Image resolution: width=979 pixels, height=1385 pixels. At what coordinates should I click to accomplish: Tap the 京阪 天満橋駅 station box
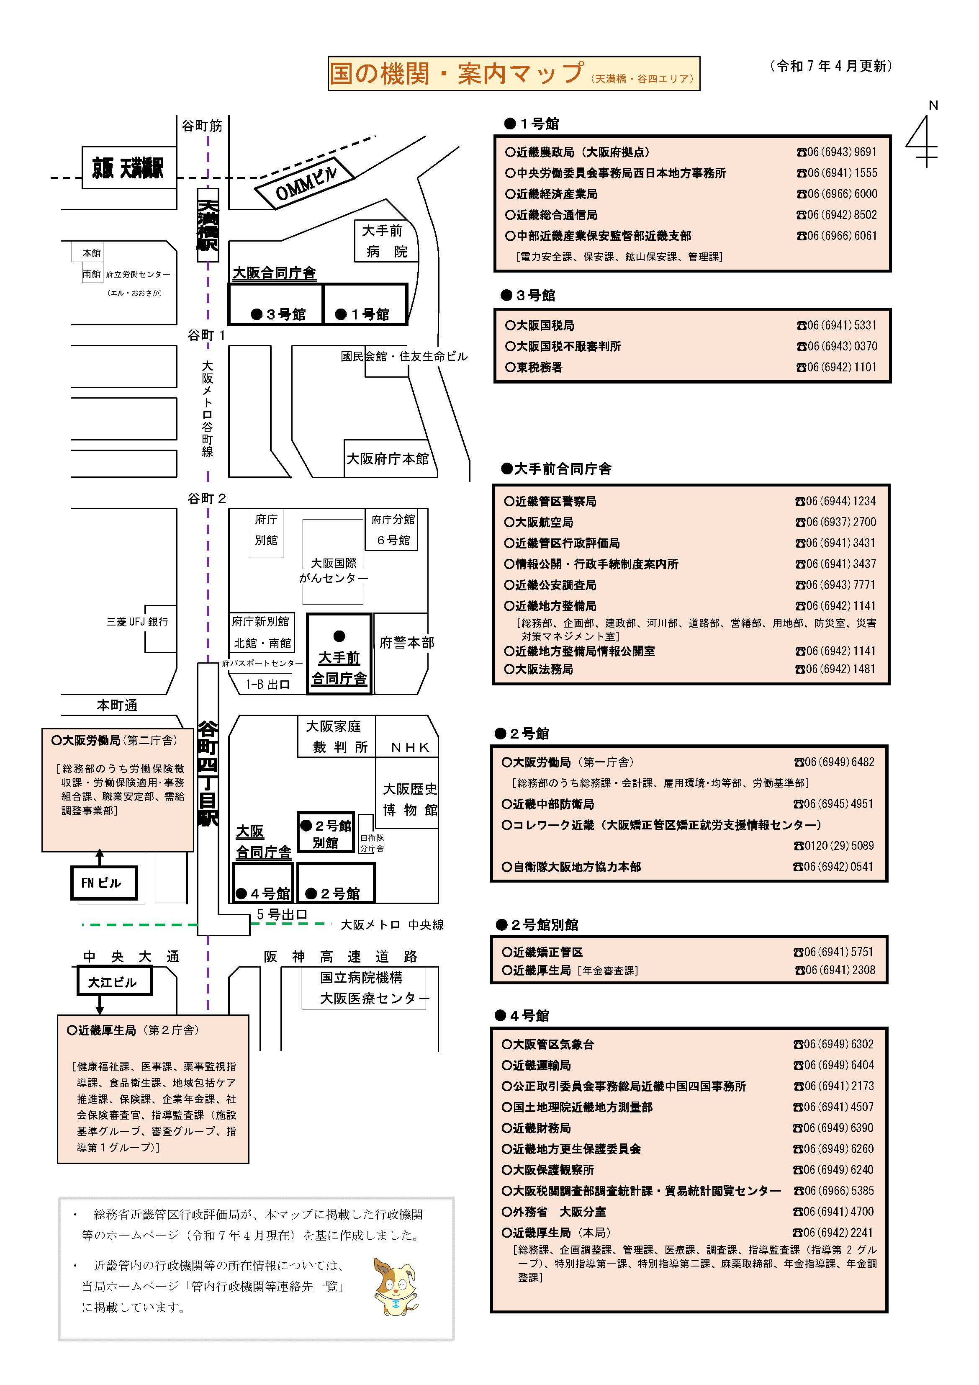point(128,168)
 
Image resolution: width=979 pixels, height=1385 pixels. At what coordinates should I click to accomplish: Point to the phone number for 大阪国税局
point(837,326)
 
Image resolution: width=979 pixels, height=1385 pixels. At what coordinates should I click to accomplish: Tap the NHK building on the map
point(410,747)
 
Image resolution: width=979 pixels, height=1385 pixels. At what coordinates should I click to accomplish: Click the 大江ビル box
point(113,982)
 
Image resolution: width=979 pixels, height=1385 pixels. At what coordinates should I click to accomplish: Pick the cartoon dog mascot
point(395,1286)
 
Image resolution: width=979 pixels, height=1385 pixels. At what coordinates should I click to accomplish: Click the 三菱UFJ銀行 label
point(138,622)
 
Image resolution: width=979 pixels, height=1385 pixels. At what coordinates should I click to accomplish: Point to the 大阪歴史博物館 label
point(410,799)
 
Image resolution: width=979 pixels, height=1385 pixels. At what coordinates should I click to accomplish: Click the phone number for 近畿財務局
point(834,1128)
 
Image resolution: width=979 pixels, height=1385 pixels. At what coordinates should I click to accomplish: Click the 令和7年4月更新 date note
point(832,66)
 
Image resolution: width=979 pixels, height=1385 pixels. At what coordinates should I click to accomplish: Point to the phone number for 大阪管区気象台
point(834,1044)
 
